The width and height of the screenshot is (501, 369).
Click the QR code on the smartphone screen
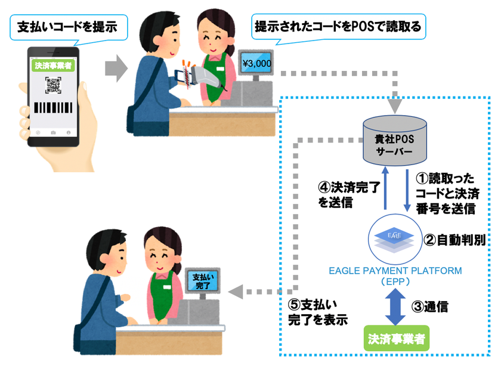[53, 85]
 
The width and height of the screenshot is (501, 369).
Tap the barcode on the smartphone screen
[53, 108]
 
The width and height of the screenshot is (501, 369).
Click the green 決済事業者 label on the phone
[53, 66]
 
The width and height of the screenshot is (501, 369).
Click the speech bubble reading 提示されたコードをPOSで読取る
[338, 27]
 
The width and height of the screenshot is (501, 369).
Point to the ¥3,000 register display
[256, 63]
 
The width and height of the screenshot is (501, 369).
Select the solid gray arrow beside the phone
[116, 69]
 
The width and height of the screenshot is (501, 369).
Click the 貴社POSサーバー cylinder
[395, 141]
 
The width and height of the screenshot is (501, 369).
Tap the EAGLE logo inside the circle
[394, 240]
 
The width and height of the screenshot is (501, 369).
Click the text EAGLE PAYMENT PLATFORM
[395, 271]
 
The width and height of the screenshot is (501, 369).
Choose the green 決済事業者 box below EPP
[397, 339]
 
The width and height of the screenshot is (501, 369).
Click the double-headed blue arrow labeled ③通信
[395, 306]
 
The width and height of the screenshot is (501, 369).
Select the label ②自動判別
[454, 240]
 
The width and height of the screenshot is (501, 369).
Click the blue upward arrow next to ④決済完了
[385, 188]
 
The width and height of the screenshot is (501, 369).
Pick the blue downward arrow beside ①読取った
[407, 190]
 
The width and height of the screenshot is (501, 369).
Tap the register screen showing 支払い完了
[203, 281]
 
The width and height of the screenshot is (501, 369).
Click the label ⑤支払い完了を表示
[318, 312]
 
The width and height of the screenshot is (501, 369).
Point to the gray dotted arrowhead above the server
[395, 106]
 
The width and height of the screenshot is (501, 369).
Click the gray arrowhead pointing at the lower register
[236, 292]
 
